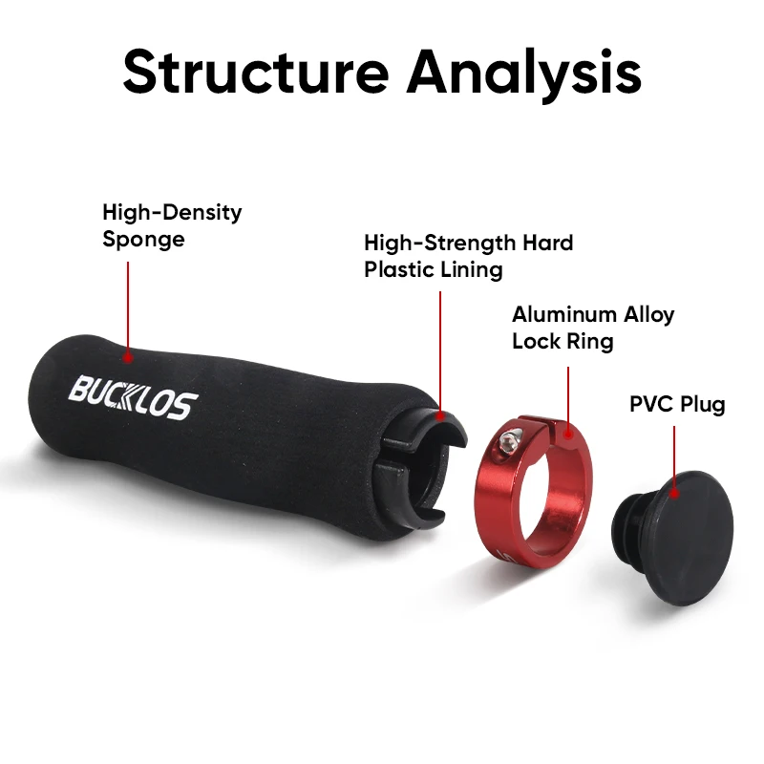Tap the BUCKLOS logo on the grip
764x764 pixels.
click(x=133, y=398)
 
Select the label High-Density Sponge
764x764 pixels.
click(x=172, y=224)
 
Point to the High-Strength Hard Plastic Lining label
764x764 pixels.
click(x=468, y=256)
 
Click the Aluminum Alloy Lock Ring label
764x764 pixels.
click(x=592, y=327)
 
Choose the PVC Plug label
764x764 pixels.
click(x=676, y=404)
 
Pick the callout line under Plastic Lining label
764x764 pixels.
click(x=440, y=353)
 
